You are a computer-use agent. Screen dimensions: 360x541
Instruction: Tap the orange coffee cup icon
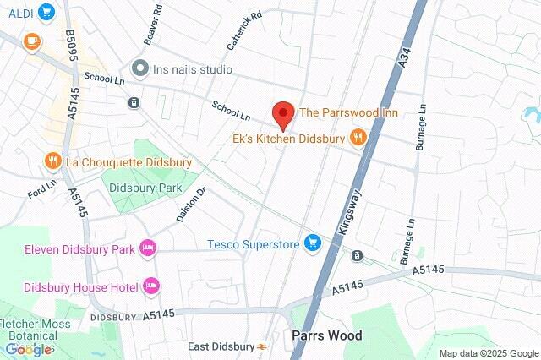31,40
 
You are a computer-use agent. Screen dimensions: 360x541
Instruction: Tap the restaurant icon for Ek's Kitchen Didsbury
358,138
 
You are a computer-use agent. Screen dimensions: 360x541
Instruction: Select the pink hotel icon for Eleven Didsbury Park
148,248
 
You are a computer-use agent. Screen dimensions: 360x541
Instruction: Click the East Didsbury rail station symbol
264,346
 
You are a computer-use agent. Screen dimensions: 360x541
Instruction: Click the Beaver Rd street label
152,32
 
